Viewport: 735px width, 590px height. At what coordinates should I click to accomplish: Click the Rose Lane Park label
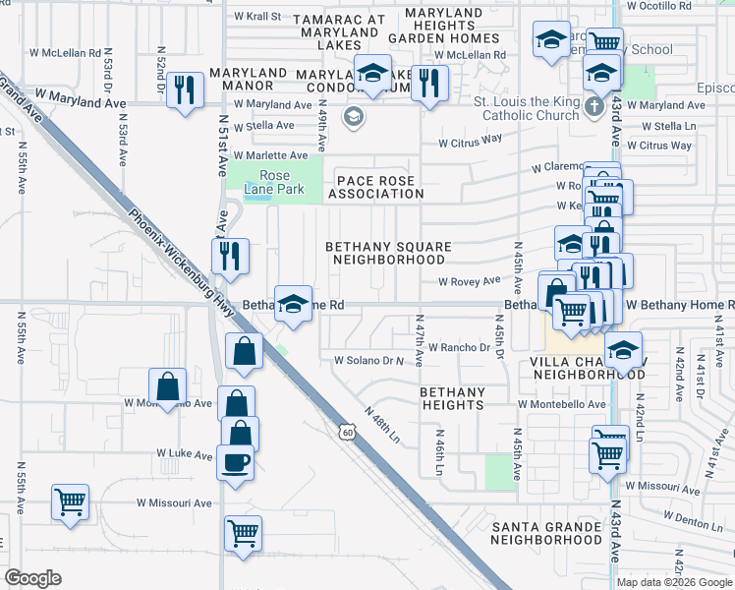274,182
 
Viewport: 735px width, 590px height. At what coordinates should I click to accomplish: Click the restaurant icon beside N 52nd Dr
185,91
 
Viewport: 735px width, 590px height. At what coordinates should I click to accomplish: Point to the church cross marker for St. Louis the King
594,106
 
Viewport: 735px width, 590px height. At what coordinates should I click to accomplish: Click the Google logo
33,578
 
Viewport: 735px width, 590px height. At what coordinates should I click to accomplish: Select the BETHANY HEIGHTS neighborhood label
453,398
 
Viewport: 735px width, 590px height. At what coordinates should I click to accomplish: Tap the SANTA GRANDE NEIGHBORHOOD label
546,533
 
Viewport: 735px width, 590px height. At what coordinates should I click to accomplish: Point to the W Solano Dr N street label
369,360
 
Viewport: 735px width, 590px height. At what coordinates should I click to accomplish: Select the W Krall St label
256,17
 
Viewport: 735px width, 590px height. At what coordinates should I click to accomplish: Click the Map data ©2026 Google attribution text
674,581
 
